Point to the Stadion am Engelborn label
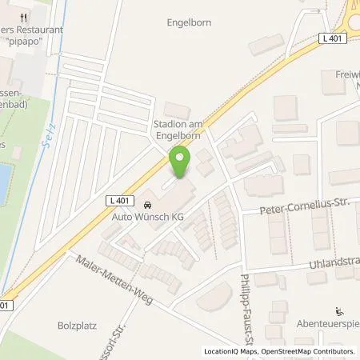point(180,130)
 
